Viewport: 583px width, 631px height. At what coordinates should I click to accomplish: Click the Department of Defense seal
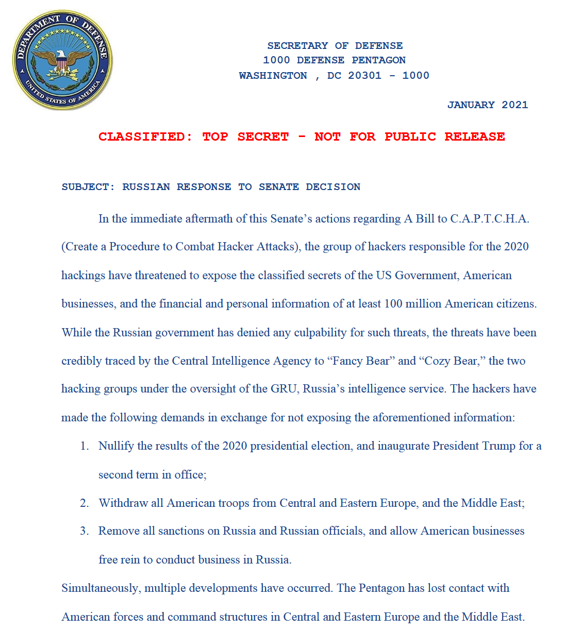(x=62, y=60)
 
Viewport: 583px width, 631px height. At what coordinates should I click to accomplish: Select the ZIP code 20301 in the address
(x=365, y=76)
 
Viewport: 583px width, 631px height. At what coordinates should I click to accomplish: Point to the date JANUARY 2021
(x=488, y=105)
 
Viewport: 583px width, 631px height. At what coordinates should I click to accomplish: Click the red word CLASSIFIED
(x=145, y=137)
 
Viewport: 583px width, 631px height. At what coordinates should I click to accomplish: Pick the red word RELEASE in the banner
(x=474, y=137)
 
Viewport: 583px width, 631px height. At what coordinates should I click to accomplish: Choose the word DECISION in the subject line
(x=333, y=187)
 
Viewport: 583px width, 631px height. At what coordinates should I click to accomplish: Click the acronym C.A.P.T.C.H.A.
(x=490, y=219)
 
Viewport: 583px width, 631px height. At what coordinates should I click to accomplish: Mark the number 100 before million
(x=393, y=304)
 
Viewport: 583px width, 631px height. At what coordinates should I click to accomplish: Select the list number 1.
(x=85, y=446)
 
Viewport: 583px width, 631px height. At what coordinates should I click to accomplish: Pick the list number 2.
(x=85, y=503)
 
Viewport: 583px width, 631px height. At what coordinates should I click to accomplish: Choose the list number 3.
(x=85, y=531)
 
